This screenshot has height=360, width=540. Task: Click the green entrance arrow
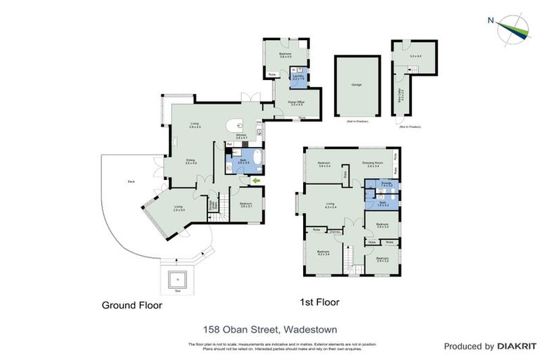(255, 181)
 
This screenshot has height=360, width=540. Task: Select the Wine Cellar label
(401, 96)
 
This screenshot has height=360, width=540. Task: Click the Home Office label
(296, 103)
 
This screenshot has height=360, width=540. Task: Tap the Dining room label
(191, 162)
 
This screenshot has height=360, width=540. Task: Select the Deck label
(131, 181)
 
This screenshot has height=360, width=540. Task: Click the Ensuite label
(386, 184)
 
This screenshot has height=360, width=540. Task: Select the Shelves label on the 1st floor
(335, 231)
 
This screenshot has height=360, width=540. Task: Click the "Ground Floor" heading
(132, 306)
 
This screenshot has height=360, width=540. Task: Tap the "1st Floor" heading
(320, 302)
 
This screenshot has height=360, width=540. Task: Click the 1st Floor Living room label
(330, 205)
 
